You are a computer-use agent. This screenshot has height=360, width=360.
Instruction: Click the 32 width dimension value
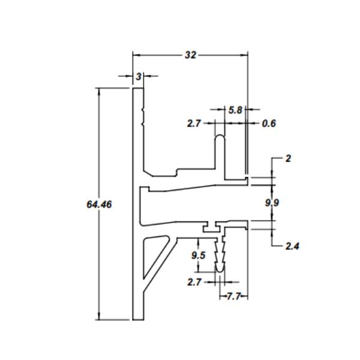tap(191, 55)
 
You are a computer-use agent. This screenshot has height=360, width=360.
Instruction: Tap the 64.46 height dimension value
tap(99, 205)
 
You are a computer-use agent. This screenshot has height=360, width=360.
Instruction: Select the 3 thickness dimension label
tap(139, 77)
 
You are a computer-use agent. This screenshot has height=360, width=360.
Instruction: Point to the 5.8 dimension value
tap(235, 110)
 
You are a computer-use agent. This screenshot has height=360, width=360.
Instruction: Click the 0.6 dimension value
tap(269, 124)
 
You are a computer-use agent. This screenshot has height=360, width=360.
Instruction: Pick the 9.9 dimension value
tap(272, 203)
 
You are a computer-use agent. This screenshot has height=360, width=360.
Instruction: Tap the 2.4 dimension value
tap(293, 247)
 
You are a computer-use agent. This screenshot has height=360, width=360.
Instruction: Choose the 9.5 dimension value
tap(199, 256)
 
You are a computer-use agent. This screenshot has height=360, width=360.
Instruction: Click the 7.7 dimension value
tap(233, 296)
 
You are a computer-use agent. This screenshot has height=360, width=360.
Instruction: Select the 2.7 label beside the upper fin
tap(194, 124)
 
